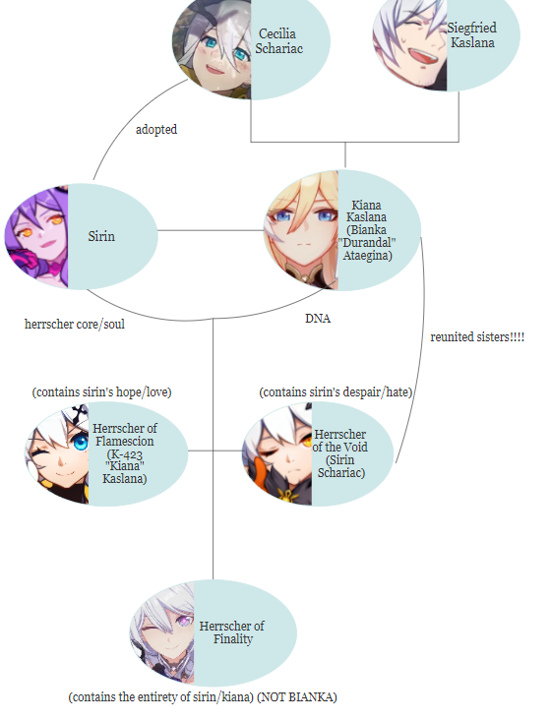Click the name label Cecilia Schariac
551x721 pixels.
(x=278, y=41)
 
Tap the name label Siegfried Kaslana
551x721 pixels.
(x=472, y=35)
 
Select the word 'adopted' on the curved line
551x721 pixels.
(x=156, y=130)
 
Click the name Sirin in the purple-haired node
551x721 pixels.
(x=101, y=236)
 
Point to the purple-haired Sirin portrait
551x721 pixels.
(x=36, y=237)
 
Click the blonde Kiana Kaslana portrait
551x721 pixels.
(x=302, y=230)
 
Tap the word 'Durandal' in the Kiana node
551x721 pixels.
(x=367, y=242)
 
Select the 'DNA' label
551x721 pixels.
(x=318, y=318)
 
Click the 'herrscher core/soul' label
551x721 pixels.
(x=75, y=325)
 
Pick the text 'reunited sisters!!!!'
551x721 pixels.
(x=477, y=337)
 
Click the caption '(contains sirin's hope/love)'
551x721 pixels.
(x=101, y=392)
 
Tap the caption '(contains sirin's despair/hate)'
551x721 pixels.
(x=336, y=392)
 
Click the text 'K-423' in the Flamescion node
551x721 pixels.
(x=125, y=454)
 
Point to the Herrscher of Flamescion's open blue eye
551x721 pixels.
(x=81, y=443)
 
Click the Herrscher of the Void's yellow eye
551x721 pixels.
(x=306, y=441)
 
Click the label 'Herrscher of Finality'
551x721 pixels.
(x=232, y=632)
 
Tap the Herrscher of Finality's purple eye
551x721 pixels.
(x=185, y=622)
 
